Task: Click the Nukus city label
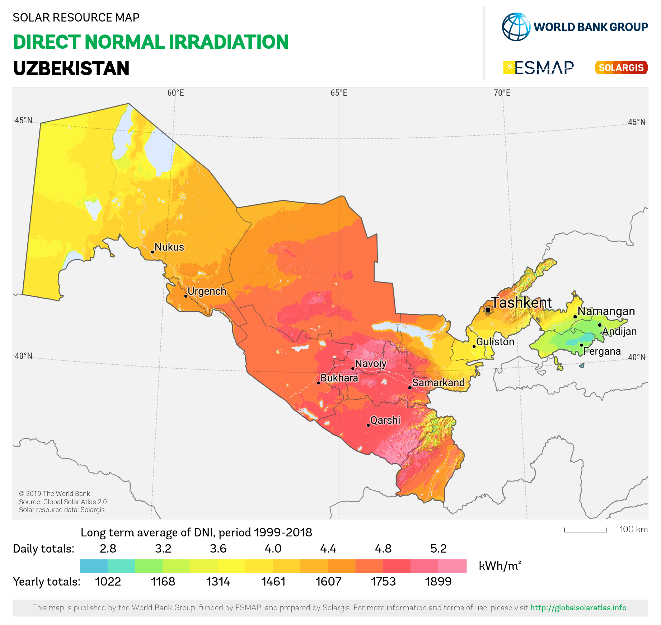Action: point(169,247)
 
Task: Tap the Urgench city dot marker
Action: point(186,296)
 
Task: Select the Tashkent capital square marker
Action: point(488,309)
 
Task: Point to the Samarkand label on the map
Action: point(438,383)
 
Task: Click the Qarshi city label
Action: point(385,420)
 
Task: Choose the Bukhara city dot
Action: point(318,383)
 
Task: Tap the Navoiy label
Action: point(370,364)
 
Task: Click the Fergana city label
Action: point(602,351)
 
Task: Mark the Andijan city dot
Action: point(600,325)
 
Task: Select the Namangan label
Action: point(606,311)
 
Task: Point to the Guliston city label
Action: point(495,342)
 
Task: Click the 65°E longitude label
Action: point(339,93)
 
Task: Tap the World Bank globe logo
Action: point(516,27)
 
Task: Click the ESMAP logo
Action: point(538,67)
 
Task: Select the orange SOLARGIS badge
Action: point(621,67)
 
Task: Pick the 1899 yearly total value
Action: point(438,582)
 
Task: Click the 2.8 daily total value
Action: point(108,549)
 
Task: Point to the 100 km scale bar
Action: point(585,530)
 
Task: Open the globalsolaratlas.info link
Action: point(578,608)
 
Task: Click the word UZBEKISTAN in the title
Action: point(71,68)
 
